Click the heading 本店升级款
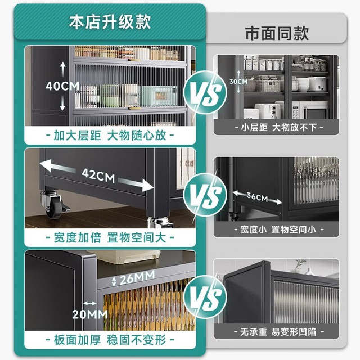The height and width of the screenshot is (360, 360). [110, 22]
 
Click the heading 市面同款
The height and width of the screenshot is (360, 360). [277, 34]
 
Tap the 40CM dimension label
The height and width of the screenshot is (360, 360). [62, 86]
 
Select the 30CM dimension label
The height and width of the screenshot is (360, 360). [238, 82]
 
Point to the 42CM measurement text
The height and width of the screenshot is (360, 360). [98, 175]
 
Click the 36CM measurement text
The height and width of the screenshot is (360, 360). [258, 197]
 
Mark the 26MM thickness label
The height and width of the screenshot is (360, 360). [137, 278]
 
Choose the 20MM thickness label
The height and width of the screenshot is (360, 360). [90, 314]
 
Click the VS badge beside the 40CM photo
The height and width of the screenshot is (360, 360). [205, 92]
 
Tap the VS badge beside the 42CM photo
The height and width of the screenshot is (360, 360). [205, 194]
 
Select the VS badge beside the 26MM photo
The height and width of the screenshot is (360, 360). [205, 296]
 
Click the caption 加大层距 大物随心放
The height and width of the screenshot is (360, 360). [110, 135]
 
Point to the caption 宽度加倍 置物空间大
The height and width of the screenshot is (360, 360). [110, 237]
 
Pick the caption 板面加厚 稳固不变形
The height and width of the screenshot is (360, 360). [110, 340]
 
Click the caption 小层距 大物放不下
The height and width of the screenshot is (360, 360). [279, 127]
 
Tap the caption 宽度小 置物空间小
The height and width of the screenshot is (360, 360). [279, 229]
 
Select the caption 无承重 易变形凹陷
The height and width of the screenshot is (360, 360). [279, 332]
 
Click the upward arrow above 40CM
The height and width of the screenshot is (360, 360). [62, 69]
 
